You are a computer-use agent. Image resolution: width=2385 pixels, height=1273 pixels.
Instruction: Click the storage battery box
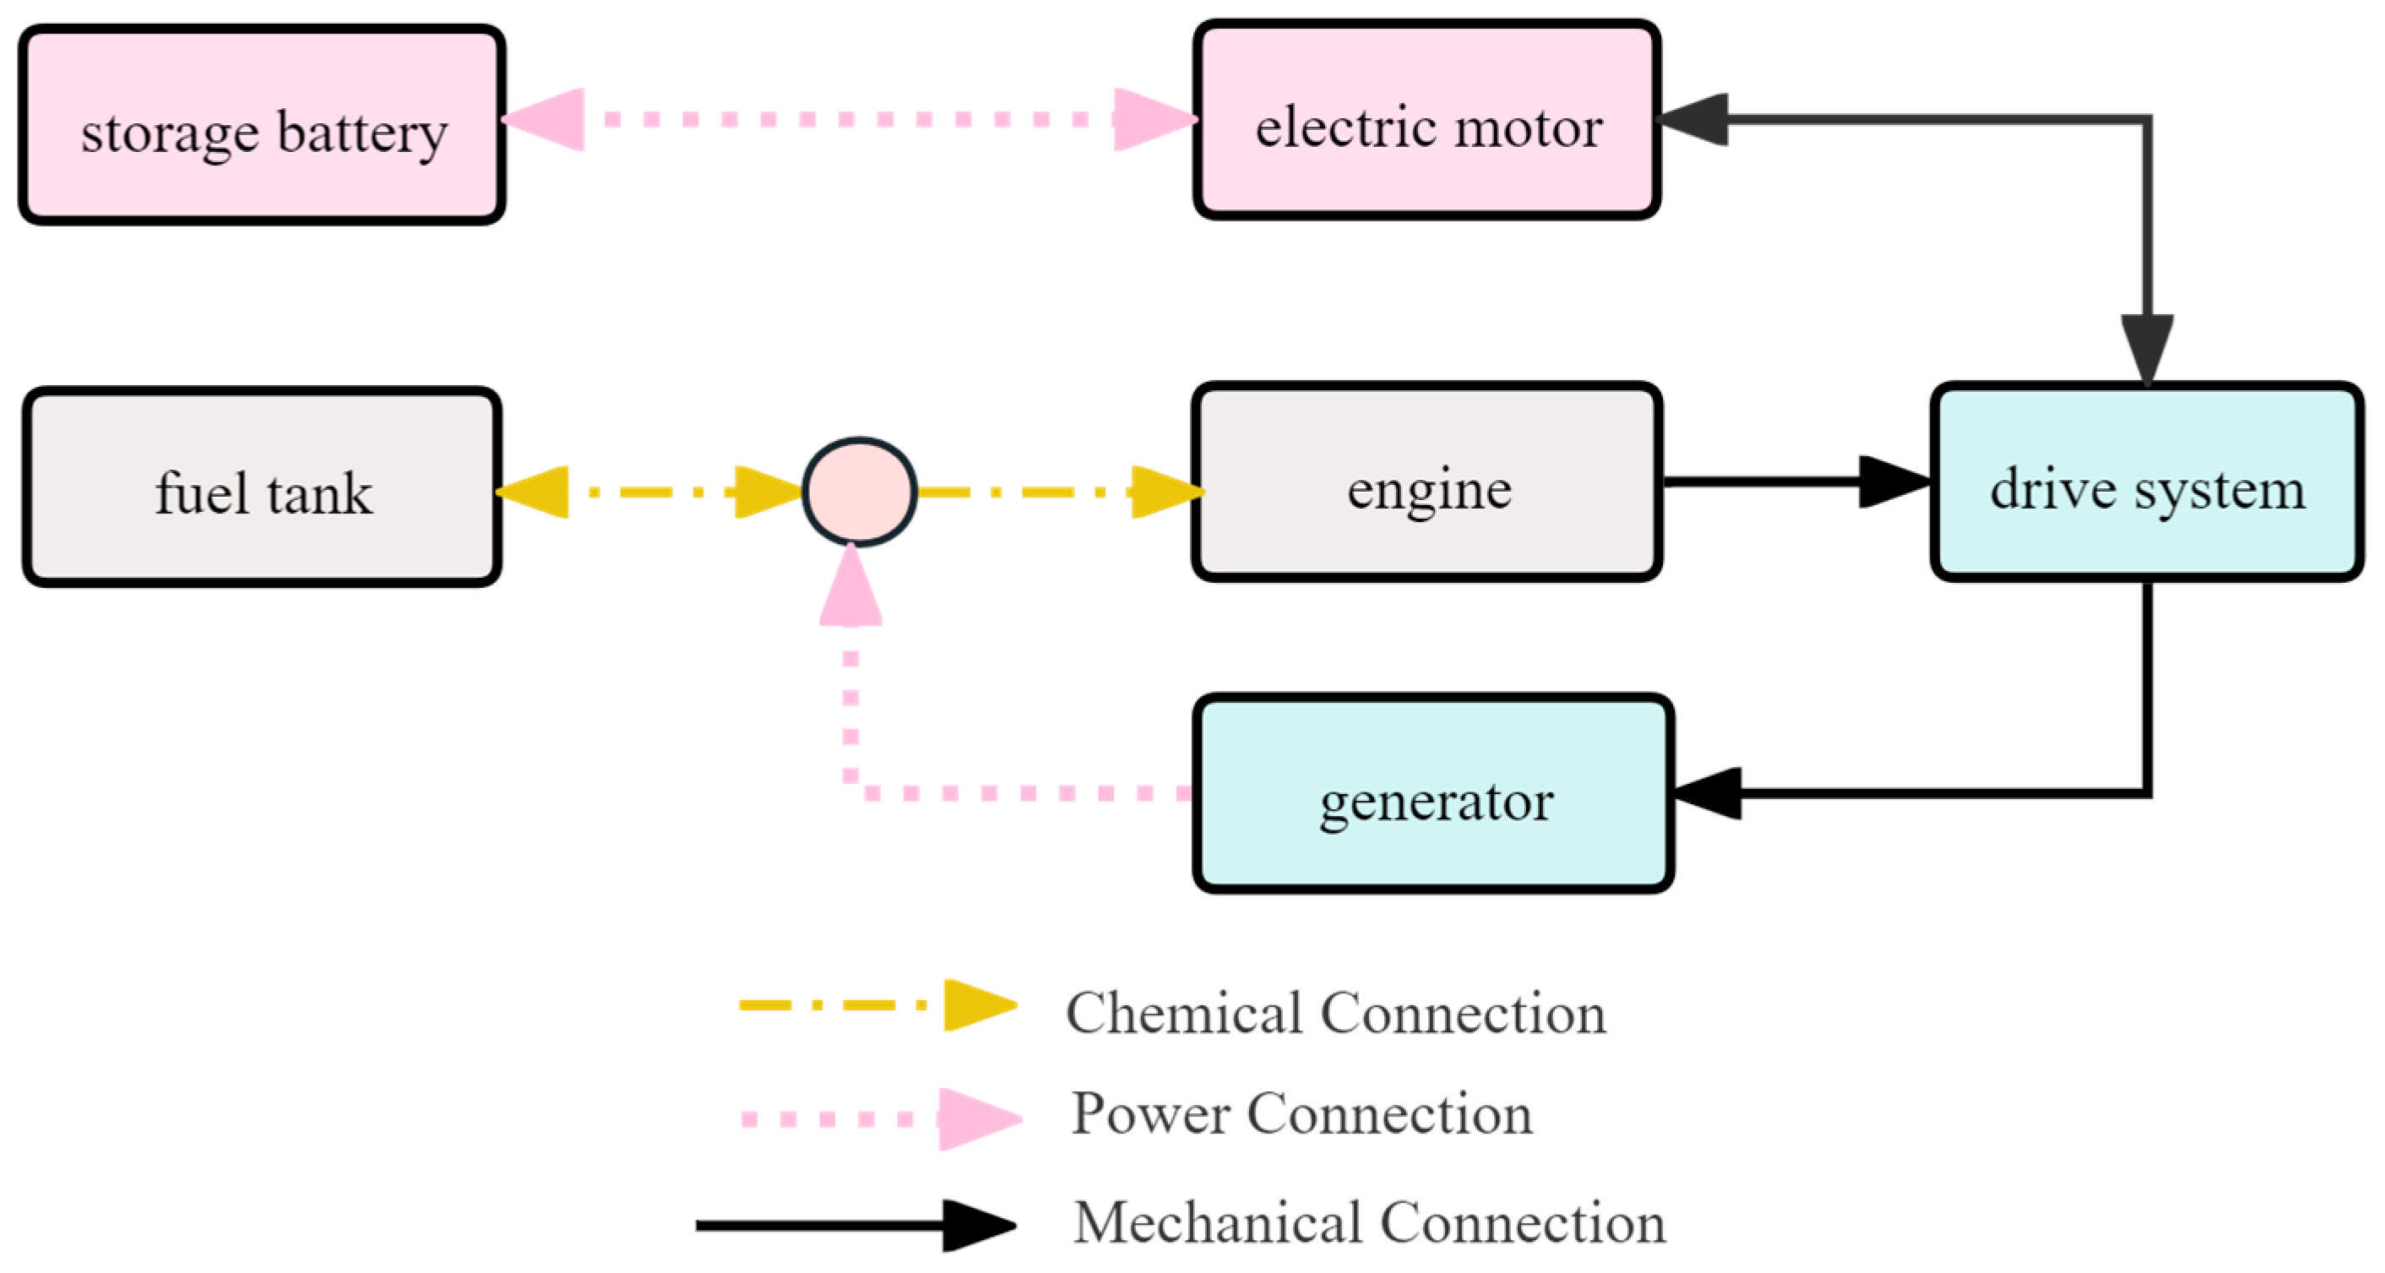[262, 125]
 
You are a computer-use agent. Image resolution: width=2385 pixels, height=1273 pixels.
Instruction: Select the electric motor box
[1426, 120]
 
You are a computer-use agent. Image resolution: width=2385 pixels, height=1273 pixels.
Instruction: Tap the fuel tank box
[262, 487]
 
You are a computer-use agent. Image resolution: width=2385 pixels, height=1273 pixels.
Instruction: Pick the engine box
[1426, 482]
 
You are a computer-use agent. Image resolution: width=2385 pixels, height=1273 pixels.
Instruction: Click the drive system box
[2146, 482]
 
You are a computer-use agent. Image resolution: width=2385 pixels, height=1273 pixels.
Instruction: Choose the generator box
[1433, 793]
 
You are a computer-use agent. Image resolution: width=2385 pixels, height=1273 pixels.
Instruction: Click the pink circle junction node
[859, 492]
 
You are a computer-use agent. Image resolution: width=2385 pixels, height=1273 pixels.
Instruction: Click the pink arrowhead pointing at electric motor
[1151, 119]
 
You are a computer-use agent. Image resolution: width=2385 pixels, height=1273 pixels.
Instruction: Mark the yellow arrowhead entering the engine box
[1164, 492]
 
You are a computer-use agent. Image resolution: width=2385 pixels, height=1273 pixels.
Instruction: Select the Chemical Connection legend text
[1335, 1012]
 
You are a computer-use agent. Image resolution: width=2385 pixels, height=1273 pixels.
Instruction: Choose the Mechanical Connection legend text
[1368, 1222]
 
